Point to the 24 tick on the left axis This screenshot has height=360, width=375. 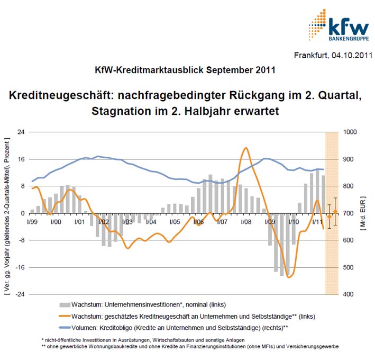(21, 132)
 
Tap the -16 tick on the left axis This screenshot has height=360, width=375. (20, 267)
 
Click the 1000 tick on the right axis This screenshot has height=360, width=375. (352, 132)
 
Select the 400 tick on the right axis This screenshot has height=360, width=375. (350, 294)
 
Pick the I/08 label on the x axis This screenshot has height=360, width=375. (245, 221)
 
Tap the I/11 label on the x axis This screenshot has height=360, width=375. (317, 221)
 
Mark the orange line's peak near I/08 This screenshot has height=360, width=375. (245, 148)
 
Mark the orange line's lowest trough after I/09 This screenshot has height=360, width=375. (289, 277)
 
